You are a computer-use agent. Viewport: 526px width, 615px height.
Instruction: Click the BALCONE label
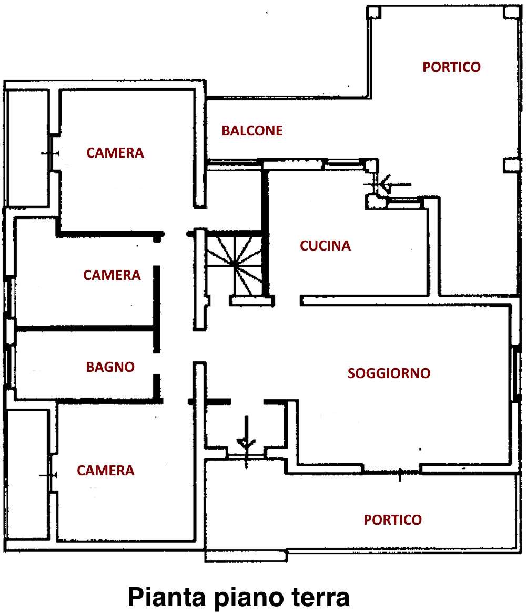(252, 131)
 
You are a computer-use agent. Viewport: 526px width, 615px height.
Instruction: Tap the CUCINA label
(325, 246)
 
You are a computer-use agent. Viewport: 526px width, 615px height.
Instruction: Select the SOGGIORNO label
(389, 373)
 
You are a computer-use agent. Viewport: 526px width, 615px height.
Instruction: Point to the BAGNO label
(110, 367)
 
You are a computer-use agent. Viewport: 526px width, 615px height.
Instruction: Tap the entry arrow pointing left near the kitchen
(396, 184)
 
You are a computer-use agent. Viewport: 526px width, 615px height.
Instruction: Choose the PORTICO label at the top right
(451, 67)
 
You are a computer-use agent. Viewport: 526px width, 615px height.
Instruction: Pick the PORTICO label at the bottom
(393, 520)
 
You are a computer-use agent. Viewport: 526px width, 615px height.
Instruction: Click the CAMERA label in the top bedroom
(115, 153)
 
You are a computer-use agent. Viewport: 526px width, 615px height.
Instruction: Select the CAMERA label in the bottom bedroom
(106, 471)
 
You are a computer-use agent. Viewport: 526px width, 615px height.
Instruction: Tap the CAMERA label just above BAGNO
(112, 275)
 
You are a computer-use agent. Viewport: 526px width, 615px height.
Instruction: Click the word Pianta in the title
(167, 598)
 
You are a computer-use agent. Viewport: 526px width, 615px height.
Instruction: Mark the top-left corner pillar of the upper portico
(373, 13)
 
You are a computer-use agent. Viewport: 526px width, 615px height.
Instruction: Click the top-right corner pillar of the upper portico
(511, 12)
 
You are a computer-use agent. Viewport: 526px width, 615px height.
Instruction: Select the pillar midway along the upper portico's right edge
(511, 165)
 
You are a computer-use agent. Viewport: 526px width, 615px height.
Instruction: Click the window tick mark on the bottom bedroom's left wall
(48, 475)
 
